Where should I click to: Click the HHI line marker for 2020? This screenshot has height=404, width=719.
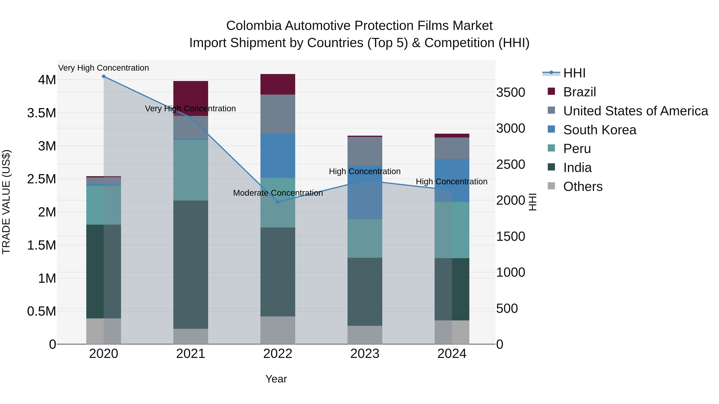point(103,76)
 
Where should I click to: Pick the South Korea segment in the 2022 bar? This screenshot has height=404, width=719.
point(278,156)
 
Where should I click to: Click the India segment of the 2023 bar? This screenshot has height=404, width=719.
point(365,292)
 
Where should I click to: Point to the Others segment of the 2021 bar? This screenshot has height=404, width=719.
point(191,336)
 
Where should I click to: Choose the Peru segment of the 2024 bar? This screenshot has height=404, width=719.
point(452,230)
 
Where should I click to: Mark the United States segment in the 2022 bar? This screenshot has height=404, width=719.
point(278,114)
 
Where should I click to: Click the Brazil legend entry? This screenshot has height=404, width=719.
point(579,92)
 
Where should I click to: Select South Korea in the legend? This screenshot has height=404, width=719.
point(600,130)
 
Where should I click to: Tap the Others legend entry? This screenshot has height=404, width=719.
point(583,187)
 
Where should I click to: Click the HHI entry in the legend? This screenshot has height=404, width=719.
point(574,73)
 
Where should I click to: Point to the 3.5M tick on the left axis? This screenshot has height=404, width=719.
point(42,113)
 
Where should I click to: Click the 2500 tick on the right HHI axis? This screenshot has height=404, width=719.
point(510,165)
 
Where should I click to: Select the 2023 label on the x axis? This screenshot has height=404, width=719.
point(365,354)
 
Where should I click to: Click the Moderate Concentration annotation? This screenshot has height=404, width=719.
point(278,193)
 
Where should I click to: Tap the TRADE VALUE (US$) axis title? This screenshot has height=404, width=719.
point(6,202)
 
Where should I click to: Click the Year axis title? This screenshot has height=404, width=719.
point(276,379)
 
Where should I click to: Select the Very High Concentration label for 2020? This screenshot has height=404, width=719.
point(103,68)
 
